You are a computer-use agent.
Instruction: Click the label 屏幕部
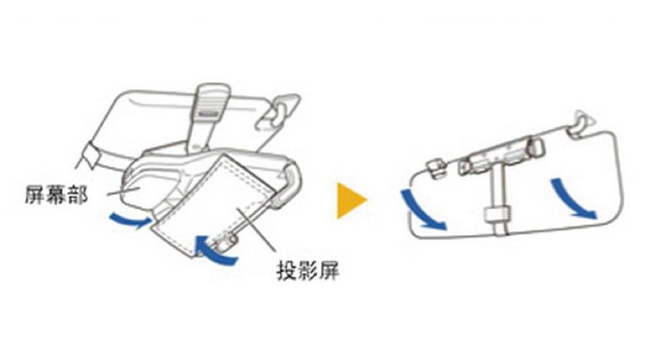click(x=56, y=195)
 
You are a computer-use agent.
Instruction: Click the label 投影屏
click(x=308, y=269)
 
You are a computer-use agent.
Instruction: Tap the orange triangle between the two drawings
click(x=351, y=200)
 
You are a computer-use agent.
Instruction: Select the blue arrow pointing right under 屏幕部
click(x=130, y=220)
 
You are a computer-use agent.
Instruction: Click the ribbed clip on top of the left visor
click(x=211, y=101)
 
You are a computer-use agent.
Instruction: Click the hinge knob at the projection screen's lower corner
click(x=226, y=243)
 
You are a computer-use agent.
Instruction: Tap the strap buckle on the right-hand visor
click(x=497, y=214)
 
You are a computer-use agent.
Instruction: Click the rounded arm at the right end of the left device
click(x=289, y=187)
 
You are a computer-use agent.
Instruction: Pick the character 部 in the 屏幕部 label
click(x=78, y=195)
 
